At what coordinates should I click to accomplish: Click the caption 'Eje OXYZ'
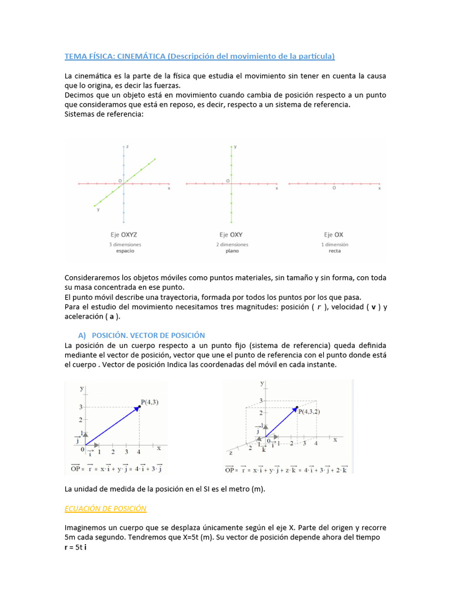tap(124, 234)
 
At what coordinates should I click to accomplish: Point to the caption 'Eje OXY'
tap(231, 234)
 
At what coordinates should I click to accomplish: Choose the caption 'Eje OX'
tap(334, 234)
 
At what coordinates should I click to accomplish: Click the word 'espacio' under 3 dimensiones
tap(124, 251)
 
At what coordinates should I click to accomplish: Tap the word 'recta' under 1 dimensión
tap(334, 251)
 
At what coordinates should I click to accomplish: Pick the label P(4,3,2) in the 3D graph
tap(310, 412)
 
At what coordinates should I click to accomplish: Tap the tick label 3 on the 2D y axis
tap(81, 407)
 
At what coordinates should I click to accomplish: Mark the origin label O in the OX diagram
tap(334, 188)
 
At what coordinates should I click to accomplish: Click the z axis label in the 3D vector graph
tap(231, 453)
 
